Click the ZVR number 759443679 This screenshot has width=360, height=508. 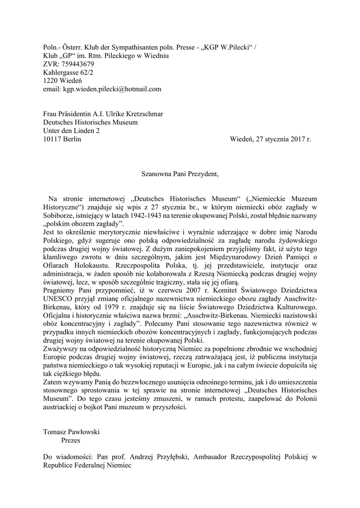(74, 64)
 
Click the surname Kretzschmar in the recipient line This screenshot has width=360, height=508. (142, 114)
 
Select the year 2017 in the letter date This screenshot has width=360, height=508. (293, 139)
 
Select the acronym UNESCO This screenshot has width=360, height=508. (58, 299)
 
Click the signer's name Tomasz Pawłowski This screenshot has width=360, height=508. (72, 432)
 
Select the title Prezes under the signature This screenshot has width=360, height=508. (71, 440)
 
